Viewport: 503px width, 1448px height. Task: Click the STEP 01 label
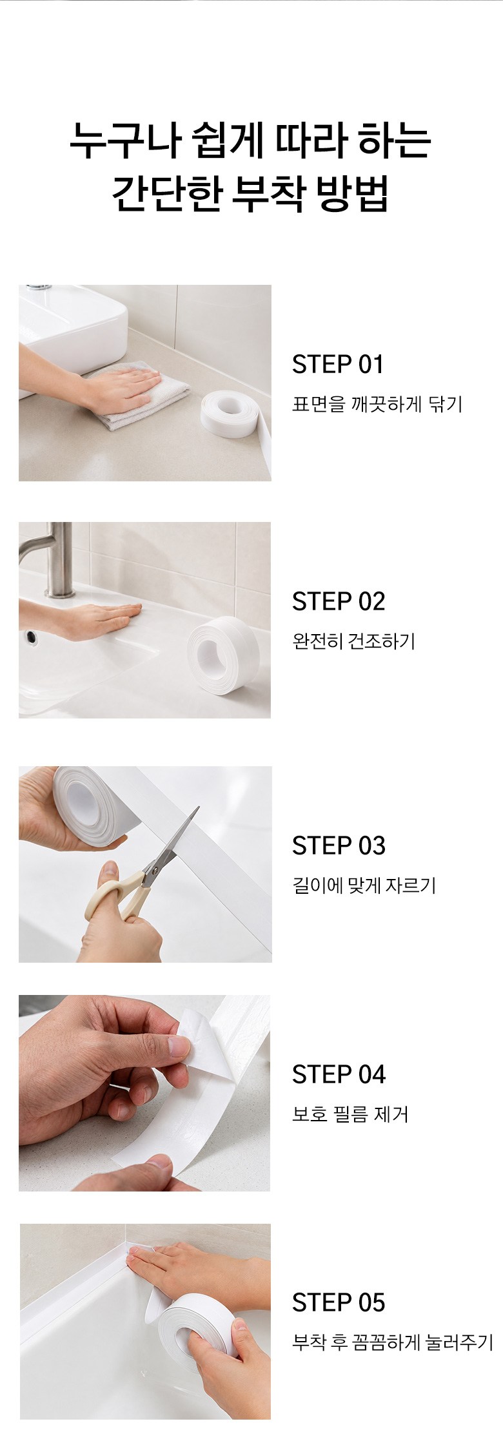pos(338,365)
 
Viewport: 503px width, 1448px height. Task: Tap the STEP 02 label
pos(339,602)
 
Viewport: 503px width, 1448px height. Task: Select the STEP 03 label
pos(339,846)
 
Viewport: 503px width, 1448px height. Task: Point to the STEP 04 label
pos(339,1075)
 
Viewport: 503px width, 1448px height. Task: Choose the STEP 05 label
pos(339,1303)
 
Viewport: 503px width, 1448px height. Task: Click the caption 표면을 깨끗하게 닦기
pos(377,404)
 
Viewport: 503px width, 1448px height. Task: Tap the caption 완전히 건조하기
pos(354,642)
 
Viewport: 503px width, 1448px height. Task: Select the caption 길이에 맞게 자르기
pos(364,885)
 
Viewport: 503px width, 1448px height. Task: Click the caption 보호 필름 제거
pos(350,1114)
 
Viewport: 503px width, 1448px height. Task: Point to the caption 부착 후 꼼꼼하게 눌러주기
pos(393,1343)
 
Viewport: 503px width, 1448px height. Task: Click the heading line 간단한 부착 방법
pos(250,192)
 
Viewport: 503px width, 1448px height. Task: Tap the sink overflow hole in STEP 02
pos(31,637)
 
